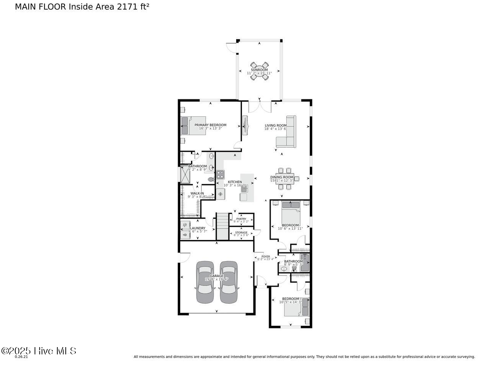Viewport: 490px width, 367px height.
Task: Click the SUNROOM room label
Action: pos(259,70)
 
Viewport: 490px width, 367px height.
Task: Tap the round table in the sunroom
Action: pos(259,71)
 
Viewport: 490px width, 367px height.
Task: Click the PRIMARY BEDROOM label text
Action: pos(210,125)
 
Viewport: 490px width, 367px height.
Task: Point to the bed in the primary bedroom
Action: pos(193,125)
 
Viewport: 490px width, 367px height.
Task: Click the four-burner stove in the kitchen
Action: pos(220,175)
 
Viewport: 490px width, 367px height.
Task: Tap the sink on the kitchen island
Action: pos(244,188)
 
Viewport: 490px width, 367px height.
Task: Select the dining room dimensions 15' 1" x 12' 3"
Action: pos(281,180)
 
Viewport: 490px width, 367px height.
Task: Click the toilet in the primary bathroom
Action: pos(211,179)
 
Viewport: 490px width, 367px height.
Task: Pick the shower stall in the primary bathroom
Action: pos(186,175)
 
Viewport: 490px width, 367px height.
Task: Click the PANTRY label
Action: pos(241,219)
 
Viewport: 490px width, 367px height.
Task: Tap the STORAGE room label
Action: pos(241,232)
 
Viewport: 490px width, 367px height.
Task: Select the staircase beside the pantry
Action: pos(222,226)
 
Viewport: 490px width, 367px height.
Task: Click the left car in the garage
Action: pos(205,282)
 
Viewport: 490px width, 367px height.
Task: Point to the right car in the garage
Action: pos(229,282)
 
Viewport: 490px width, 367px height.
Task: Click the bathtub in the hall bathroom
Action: pos(305,263)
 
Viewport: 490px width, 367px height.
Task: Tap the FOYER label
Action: pos(266,257)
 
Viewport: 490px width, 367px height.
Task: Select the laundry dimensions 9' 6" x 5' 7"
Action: pos(198,231)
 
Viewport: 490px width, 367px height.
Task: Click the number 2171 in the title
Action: pos(127,6)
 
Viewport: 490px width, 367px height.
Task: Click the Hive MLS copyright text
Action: pos(39,351)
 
